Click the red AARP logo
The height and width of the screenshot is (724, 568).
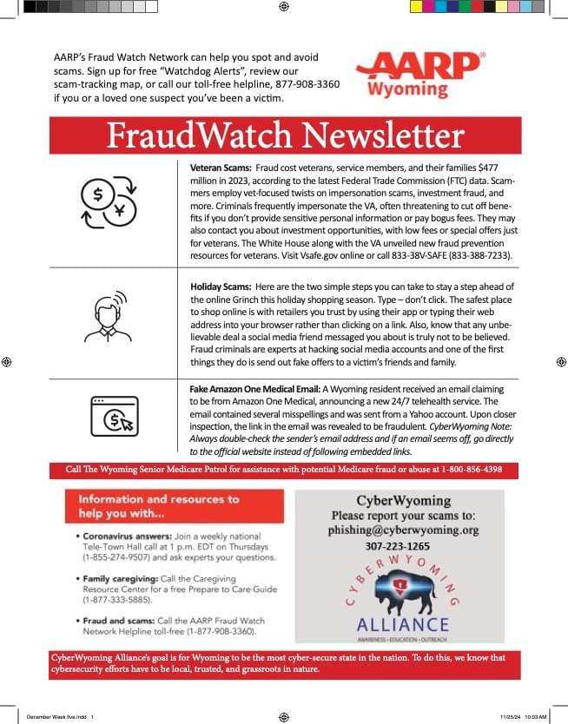(419, 66)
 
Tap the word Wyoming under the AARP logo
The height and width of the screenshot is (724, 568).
(407, 89)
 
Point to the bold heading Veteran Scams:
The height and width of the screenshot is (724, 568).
(221, 166)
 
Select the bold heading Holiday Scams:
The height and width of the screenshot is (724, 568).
(221, 286)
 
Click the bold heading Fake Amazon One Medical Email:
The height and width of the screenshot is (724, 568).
(254, 389)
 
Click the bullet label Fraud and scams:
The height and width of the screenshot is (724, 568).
(116, 621)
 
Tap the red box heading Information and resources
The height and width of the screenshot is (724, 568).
(159, 505)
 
